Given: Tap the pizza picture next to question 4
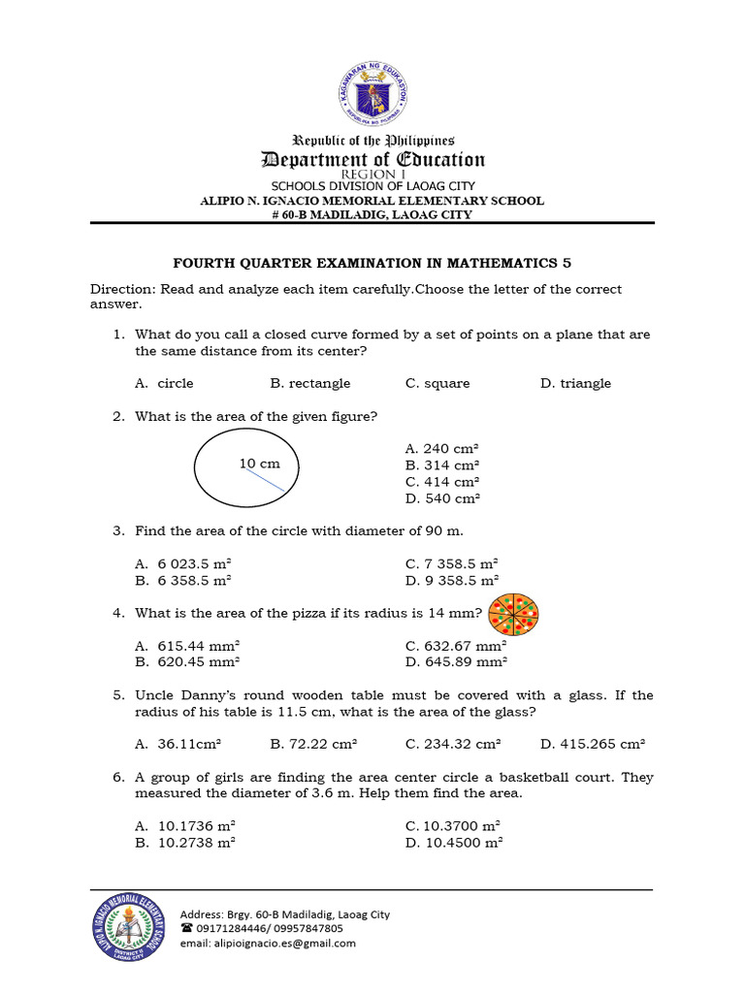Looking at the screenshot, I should click(x=513, y=613).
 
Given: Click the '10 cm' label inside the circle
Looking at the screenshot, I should click(x=259, y=464).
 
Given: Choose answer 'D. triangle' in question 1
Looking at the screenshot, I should click(x=575, y=383).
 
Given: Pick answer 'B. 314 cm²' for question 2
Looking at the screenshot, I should click(x=442, y=465).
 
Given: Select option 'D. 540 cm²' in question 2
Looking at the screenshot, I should click(x=442, y=498).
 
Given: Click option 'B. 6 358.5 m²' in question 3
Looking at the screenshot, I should click(x=183, y=580).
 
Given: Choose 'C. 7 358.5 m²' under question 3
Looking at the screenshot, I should click(x=451, y=563).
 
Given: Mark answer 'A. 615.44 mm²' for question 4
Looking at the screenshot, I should click(x=187, y=646).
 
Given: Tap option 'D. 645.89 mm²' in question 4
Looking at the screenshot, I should click(x=456, y=662).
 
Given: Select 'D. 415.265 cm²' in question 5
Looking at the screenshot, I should click(x=592, y=744).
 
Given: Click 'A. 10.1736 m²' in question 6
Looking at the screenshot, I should click(x=185, y=826).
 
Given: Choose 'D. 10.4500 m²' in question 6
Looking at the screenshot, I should click(x=453, y=843).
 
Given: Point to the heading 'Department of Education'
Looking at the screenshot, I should click(x=372, y=160).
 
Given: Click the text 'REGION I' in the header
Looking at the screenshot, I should click(x=372, y=175).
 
